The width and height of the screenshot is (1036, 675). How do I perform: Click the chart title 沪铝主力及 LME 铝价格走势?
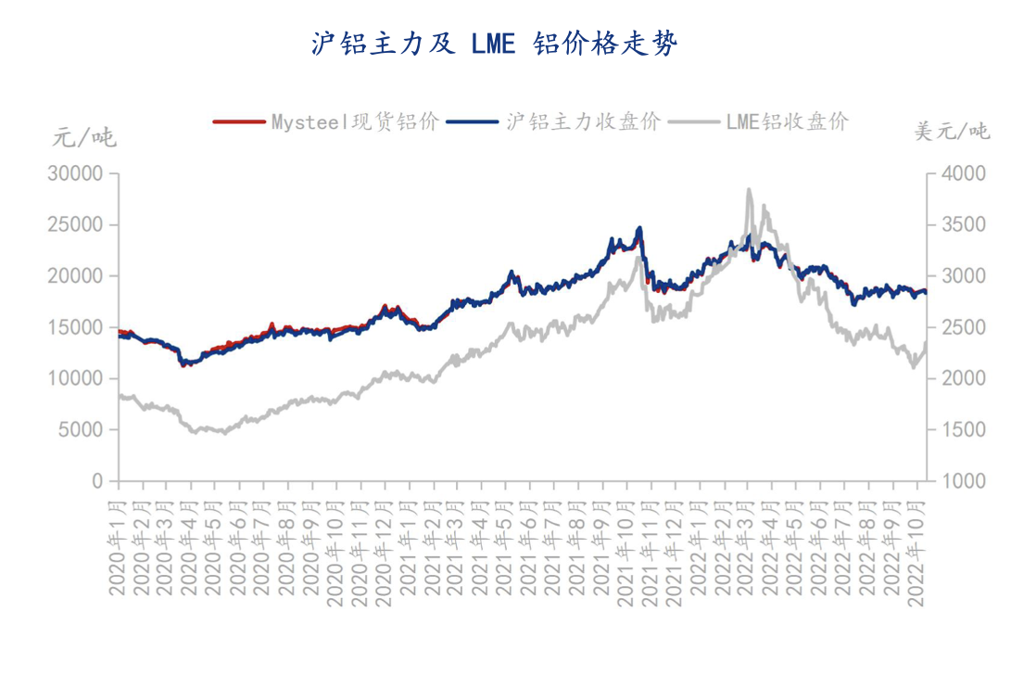pos(494,44)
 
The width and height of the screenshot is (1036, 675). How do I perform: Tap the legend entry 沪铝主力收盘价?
pos(581,121)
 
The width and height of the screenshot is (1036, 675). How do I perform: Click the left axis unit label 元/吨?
pos(83,138)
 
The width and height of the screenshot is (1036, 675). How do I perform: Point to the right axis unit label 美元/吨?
pos(952,132)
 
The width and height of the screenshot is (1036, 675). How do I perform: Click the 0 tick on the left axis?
pos(97,481)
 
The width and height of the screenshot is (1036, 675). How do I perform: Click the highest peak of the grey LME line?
pos(748,190)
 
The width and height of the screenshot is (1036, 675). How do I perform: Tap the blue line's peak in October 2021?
pos(639,228)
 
